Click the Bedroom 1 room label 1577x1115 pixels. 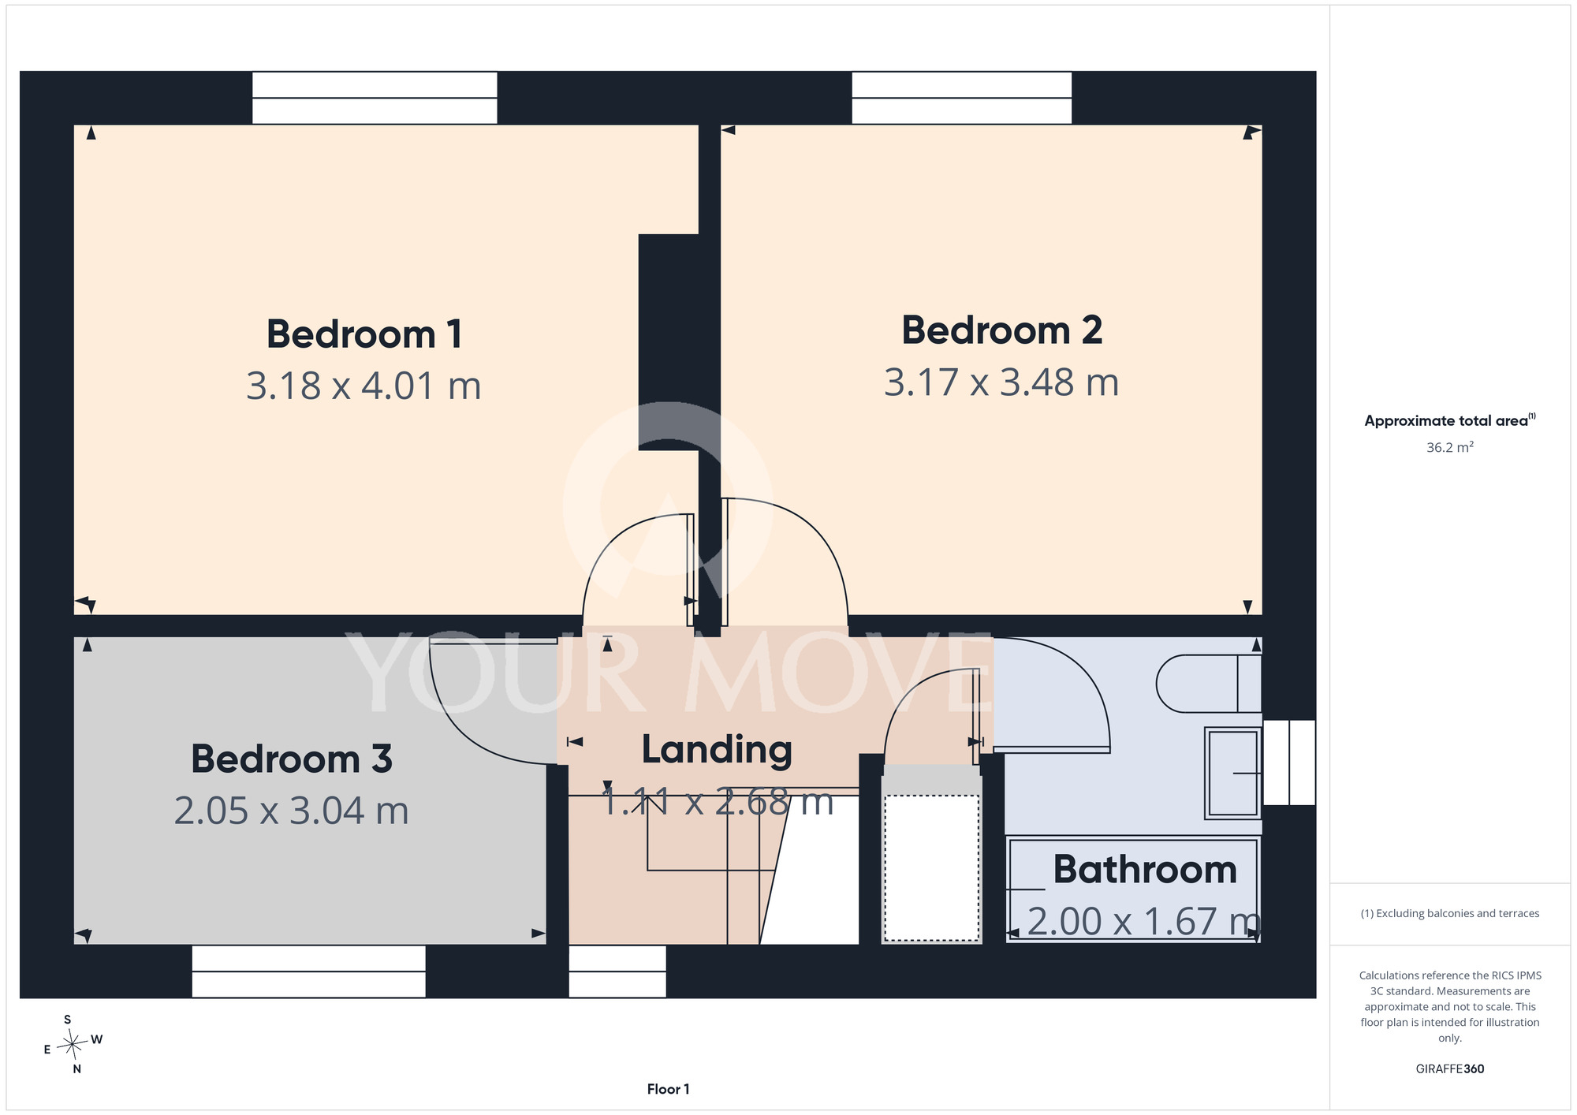pos(364,334)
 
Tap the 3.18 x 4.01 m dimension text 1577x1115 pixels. pos(363,386)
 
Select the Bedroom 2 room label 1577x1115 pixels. pos(1001,330)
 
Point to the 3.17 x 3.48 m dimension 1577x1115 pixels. pos(1001,382)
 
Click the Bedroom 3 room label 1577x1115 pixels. pos(292,759)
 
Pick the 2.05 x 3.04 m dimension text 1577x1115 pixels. pos(292,811)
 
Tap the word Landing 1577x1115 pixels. pos(717,750)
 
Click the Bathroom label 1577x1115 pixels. pos(1145,870)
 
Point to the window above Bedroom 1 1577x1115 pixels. pos(375,98)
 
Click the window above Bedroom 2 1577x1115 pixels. pos(962,98)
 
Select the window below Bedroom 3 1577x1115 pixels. pos(309,971)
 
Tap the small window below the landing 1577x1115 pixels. pos(617,971)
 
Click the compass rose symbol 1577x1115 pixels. pos(73,1045)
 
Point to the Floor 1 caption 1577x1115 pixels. pos(668,1089)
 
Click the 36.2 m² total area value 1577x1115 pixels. pos(1450,447)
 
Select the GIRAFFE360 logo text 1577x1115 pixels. pos(1450,1069)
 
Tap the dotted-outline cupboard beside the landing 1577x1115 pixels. pos(931,867)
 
